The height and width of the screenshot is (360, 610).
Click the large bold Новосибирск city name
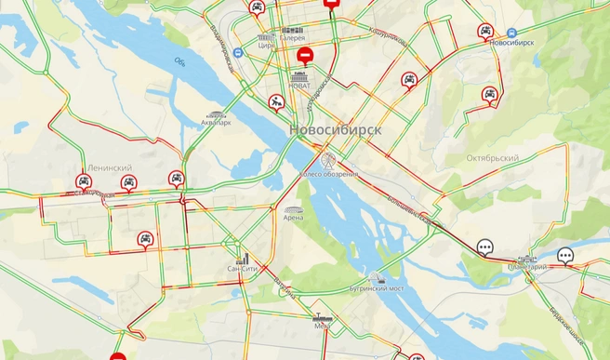tap(335, 130)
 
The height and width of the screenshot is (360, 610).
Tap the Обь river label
tap(179, 62)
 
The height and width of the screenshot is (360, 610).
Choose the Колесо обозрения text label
tap(328, 175)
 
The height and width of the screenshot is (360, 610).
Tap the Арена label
tap(293, 220)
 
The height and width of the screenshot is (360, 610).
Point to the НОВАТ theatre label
tap(300, 86)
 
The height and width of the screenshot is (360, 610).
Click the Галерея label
tap(292, 39)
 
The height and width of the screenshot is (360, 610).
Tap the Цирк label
tap(265, 46)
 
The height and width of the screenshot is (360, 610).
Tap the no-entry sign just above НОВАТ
tap(304, 58)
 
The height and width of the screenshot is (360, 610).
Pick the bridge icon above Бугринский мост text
tap(377, 277)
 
